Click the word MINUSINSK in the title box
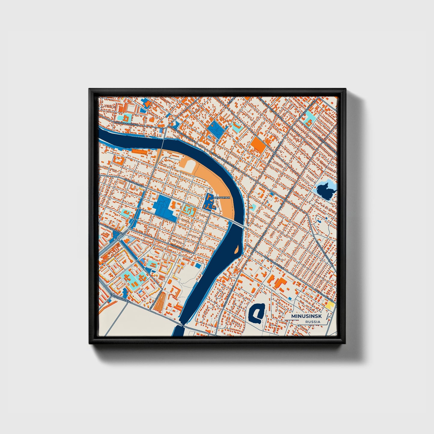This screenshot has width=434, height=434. [306, 317]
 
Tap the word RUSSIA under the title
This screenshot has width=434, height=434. [313, 322]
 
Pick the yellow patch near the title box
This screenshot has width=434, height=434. [330, 305]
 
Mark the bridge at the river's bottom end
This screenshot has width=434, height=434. [181, 325]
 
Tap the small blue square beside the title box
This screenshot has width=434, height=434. [290, 298]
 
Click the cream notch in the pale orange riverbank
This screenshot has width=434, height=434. [187, 165]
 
